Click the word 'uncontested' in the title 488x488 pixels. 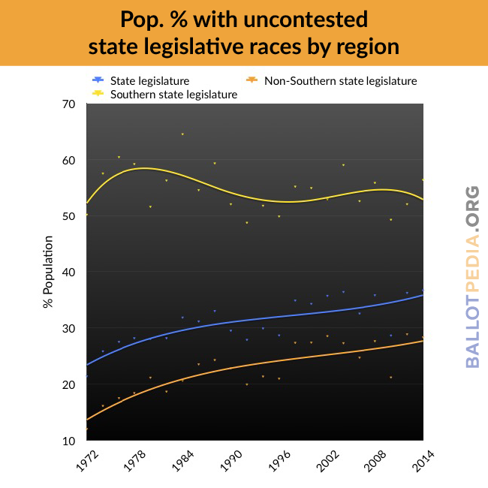click(306, 20)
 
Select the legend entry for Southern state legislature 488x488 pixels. click(165, 95)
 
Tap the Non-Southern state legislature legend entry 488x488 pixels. click(331, 81)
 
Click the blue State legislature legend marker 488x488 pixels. click(98, 80)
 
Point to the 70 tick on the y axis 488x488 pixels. click(69, 104)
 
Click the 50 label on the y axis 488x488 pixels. click(69, 216)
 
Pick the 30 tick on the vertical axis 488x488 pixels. click(69, 329)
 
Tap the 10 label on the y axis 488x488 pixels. click(69, 441)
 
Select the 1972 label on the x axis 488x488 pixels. click(87, 462)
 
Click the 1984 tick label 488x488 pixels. click(183, 462)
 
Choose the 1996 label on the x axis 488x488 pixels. click(279, 462)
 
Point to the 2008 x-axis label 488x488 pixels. click(375, 462)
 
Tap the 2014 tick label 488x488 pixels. click(423, 462)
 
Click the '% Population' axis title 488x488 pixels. click(48, 272)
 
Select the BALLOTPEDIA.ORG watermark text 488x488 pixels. click(472, 277)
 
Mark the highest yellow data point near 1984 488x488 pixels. click(182, 134)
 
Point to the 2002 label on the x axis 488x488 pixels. click(327, 462)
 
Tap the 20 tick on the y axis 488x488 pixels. click(69, 385)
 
